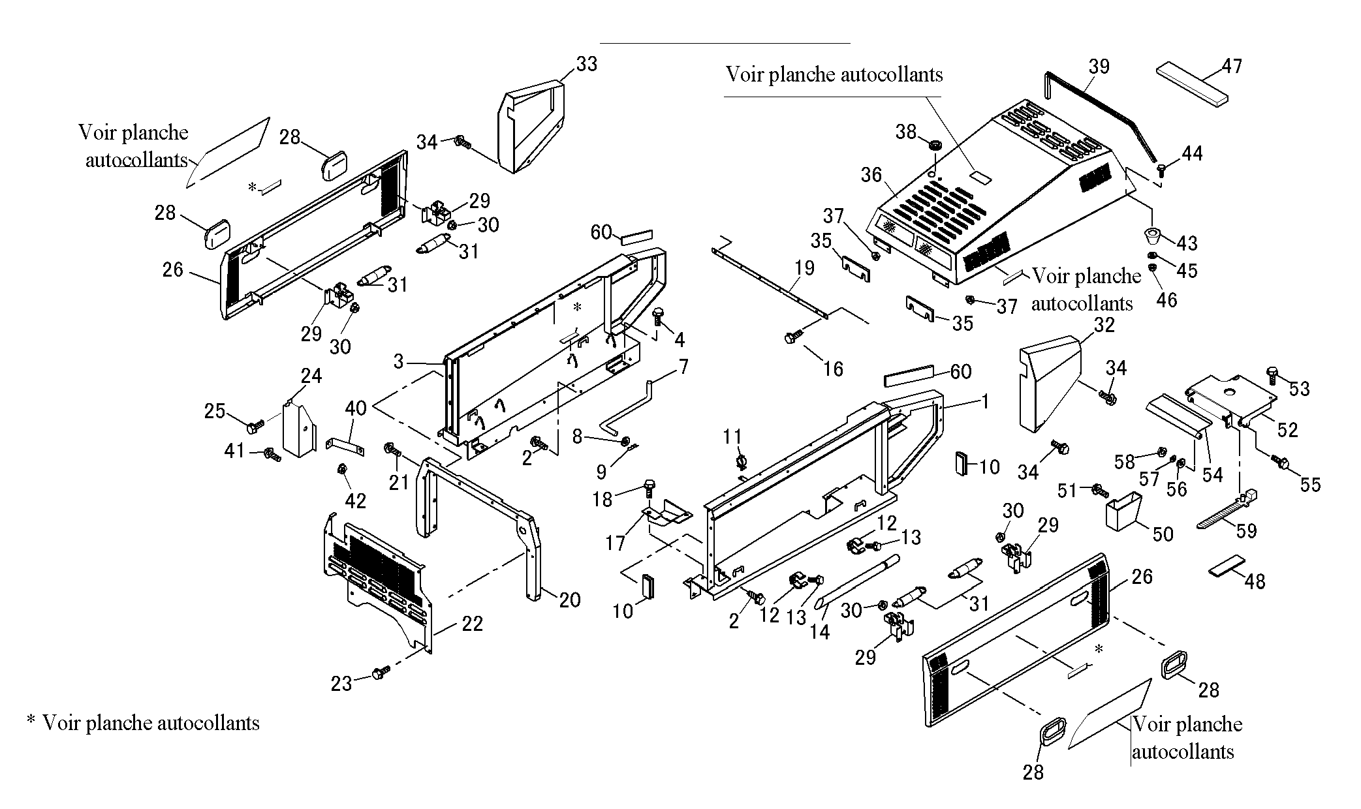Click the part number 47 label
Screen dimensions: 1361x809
(1232, 67)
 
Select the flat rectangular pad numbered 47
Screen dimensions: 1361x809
(1192, 84)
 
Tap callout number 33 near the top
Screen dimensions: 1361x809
(586, 64)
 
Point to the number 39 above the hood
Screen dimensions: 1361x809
(1099, 67)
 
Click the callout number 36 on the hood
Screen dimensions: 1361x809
(871, 175)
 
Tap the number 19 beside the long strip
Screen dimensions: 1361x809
(805, 268)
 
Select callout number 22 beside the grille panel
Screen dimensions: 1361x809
(472, 624)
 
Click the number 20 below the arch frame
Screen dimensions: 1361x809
(570, 600)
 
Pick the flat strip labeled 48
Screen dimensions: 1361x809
(1227, 566)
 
